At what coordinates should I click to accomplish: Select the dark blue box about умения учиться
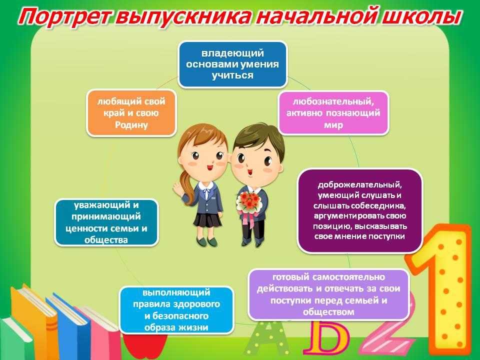click(x=232, y=64)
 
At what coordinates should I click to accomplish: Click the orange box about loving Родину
click(x=131, y=112)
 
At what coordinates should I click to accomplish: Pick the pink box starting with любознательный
click(x=333, y=113)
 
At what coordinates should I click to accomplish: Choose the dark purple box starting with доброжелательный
click(x=359, y=210)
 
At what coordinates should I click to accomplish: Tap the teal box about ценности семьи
click(x=106, y=222)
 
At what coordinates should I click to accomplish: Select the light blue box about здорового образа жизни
click(x=176, y=310)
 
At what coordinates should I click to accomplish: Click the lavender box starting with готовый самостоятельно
click(x=329, y=294)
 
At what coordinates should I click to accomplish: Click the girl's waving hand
click(x=178, y=186)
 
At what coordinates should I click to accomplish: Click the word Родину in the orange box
click(x=131, y=125)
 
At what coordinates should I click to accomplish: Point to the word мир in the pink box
click(x=333, y=125)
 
